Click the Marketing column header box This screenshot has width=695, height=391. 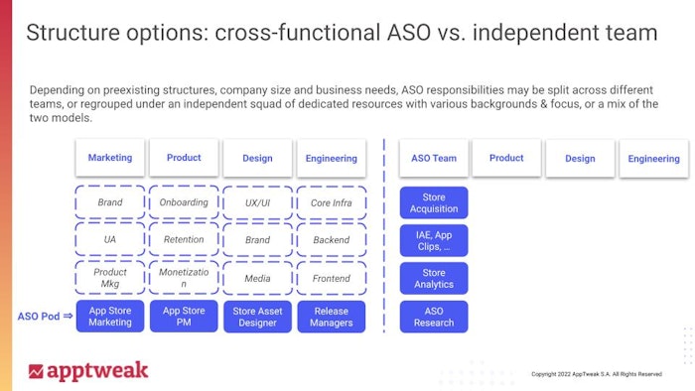point(110,158)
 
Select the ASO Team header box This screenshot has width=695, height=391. point(434,158)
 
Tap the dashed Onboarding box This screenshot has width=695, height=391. point(184,202)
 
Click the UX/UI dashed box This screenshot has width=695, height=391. point(257,202)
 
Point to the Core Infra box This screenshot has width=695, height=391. point(332,202)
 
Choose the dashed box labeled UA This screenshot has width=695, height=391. point(110,240)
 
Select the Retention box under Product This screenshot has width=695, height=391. point(184,240)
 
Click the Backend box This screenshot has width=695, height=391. point(332,240)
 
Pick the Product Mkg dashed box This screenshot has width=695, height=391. point(110,278)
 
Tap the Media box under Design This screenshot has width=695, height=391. point(257,279)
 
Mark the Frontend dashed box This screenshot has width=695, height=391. point(332,279)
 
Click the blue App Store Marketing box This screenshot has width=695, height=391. point(110,317)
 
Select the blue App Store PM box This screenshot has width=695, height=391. point(184,317)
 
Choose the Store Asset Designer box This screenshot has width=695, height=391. point(257,317)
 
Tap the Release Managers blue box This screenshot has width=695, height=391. point(332,317)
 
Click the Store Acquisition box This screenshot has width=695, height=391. point(434,202)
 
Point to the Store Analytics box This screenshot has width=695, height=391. point(434,279)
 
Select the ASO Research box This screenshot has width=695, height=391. point(434,317)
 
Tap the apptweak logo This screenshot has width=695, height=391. point(88,370)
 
